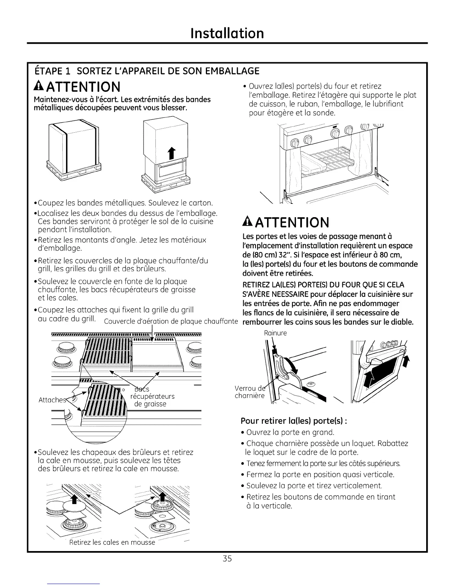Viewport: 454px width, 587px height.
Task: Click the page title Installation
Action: pos(227,33)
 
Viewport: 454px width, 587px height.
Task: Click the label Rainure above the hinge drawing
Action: pos(275,333)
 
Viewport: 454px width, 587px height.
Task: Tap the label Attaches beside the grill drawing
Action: pos(51,400)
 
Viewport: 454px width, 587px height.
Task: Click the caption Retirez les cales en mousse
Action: pos(112,543)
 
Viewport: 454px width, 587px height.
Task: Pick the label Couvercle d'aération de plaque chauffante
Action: pos(171,321)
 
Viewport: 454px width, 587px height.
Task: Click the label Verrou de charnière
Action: pos(250,392)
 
